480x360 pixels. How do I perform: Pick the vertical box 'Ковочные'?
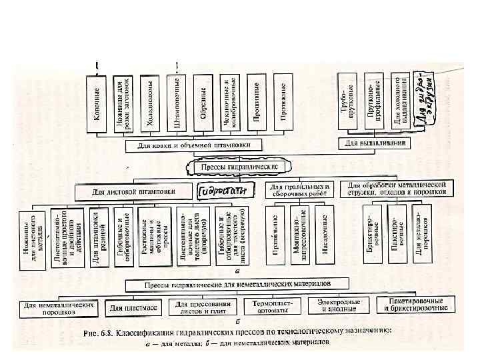click(97, 103)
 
